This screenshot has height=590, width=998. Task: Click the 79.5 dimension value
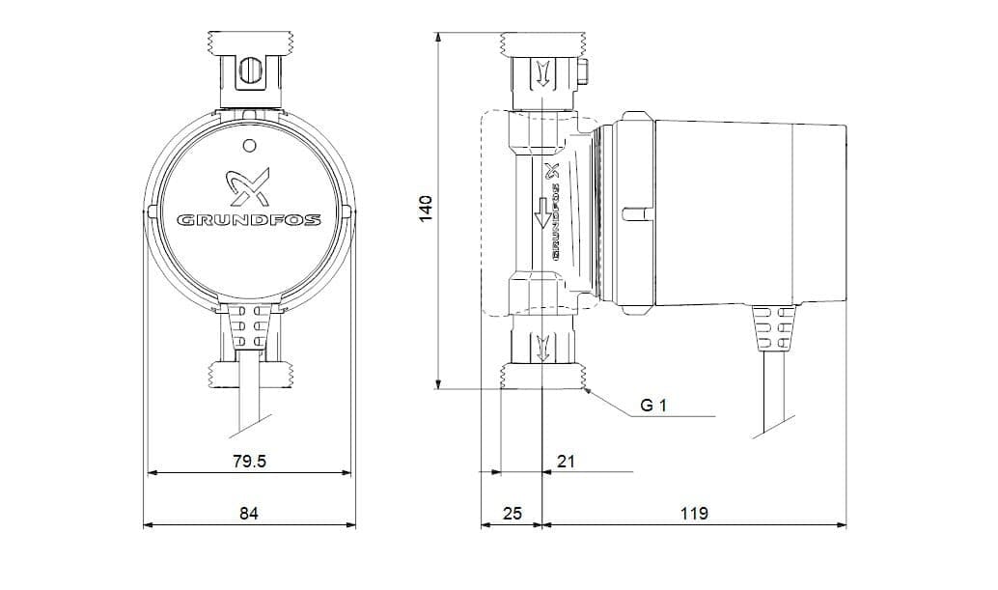pyautogui.click(x=249, y=462)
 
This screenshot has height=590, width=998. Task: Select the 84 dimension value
pyautogui.click(x=249, y=513)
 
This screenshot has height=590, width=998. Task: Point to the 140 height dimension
pyautogui.click(x=426, y=209)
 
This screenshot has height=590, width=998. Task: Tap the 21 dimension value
pyautogui.click(x=566, y=462)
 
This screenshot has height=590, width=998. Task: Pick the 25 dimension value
pyautogui.click(x=513, y=513)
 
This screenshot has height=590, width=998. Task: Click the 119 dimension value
pyautogui.click(x=694, y=513)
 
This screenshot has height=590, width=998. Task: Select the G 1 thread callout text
pyautogui.click(x=653, y=406)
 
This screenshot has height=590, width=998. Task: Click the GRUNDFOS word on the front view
pyautogui.click(x=249, y=221)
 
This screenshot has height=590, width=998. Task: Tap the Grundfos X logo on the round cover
pyautogui.click(x=249, y=185)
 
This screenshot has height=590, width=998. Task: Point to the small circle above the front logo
pyautogui.click(x=249, y=146)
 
